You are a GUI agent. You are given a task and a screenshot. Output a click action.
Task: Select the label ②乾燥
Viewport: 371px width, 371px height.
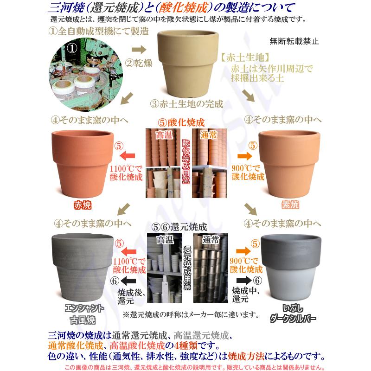[138, 60]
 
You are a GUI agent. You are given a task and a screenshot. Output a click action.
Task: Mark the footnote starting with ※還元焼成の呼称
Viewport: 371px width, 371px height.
[190, 315]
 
